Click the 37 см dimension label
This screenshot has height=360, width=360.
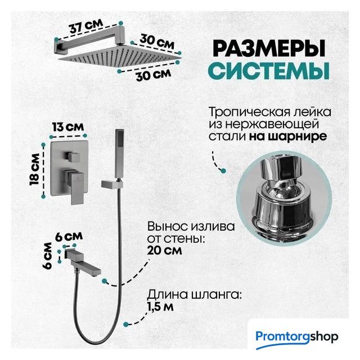[86, 27]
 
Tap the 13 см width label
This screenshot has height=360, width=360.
[68, 127]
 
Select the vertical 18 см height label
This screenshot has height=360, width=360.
[34, 169]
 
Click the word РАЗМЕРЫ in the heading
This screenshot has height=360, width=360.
[269, 48]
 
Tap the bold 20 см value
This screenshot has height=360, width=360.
[164, 250]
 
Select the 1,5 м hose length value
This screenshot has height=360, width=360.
[160, 307]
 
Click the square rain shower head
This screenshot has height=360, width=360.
[119, 56]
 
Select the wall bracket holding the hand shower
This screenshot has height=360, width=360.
[112, 184]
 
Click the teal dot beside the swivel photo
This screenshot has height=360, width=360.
[223, 170]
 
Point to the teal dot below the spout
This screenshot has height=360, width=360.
[105, 281]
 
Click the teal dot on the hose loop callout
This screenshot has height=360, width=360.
[125, 324]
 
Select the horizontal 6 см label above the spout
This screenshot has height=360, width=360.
[69, 236]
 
